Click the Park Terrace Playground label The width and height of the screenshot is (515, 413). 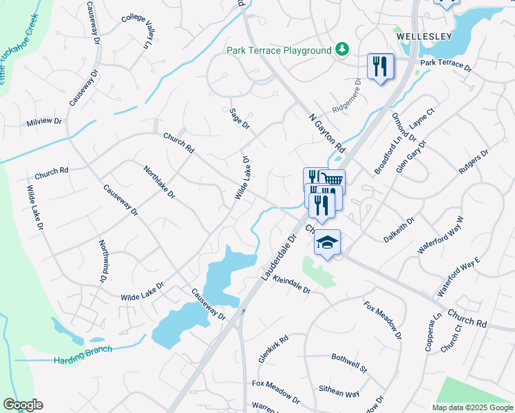coord(279,51)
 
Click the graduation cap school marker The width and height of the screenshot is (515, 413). coord(328,242)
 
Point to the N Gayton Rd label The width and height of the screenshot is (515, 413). coord(326,132)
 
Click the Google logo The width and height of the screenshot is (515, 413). coord(23,405)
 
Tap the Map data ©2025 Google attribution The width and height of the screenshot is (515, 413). coord(472,407)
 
